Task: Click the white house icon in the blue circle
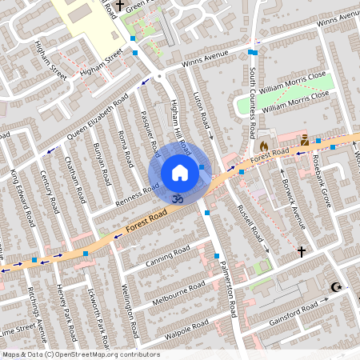coord(180,173)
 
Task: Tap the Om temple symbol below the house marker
coord(179,196)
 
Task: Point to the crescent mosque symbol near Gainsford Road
coord(335,287)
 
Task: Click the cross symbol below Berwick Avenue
coord(302,252)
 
